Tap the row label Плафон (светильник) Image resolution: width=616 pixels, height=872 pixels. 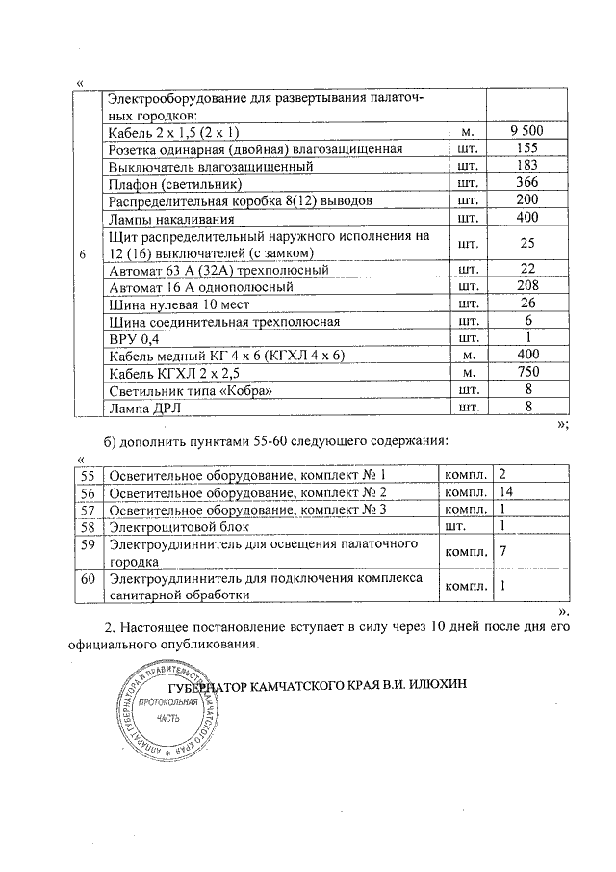pos(174,183)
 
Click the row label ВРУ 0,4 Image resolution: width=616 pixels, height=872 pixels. pos(131,338)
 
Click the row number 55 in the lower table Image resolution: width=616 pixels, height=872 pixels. pos(88,476)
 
